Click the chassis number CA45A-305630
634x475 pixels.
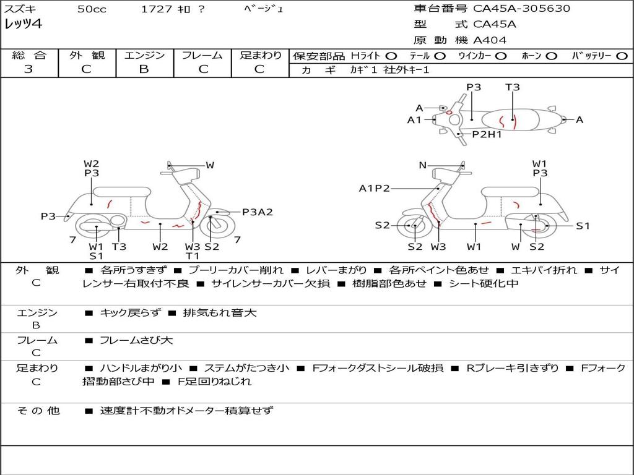(521, 9)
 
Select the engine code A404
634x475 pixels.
(490, 40)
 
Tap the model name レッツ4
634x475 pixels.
(24, 25)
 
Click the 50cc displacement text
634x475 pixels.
(90, 9)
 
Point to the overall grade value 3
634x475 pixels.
(28, 69)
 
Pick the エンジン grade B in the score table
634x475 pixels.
(144, 69)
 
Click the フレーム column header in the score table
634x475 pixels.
(202, 56)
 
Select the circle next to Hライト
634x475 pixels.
(391, 56)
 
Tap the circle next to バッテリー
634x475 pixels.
(622, 56)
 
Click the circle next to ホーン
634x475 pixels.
(551, 56)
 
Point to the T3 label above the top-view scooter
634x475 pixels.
(513, 87)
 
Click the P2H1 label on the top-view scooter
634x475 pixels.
(487, 134)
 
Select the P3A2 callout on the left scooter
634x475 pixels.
(257, 212)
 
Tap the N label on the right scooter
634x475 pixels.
(423, 165)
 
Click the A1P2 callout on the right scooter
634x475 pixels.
(375, 189)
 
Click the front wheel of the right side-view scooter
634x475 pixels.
(414, 226)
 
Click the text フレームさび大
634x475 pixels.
(136, 340)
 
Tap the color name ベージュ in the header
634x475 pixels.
(264, 9)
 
